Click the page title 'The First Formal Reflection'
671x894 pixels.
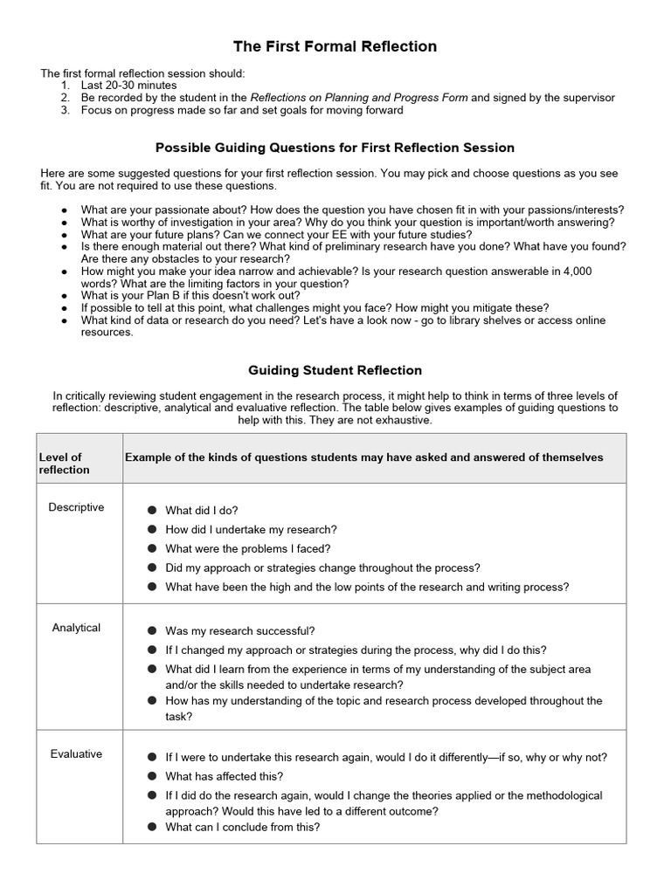tap(335, 46)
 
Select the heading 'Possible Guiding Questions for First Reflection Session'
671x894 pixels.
tap(335, 148)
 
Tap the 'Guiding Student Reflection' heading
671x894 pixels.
tap(335, 370)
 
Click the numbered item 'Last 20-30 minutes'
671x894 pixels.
tap(128, 86)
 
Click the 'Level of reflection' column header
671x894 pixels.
tap(65, 464)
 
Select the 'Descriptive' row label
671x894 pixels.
tap(76, 507)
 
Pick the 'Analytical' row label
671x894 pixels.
tap(76, 628)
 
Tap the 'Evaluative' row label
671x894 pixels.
tap(76, 753)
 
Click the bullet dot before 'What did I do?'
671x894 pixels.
tap(152, 511)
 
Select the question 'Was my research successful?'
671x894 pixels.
tap(240, 631)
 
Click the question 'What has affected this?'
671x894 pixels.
tap(224, 776)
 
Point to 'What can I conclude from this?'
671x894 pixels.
tap(242, 827)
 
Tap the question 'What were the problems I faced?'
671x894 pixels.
tap(247, 549)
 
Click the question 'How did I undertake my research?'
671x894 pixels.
tap(251, 530)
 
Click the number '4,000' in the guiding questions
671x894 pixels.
tap(577, 272)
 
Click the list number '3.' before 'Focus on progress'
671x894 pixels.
tap(66, 110)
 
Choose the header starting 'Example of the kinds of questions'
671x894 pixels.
tap(363, 457)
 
